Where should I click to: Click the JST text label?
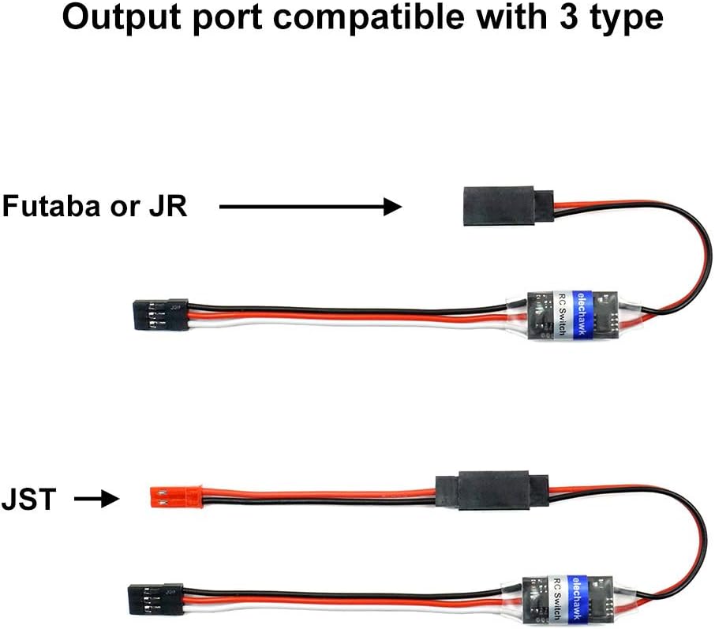(28, 499)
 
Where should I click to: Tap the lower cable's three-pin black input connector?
(157, 597)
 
